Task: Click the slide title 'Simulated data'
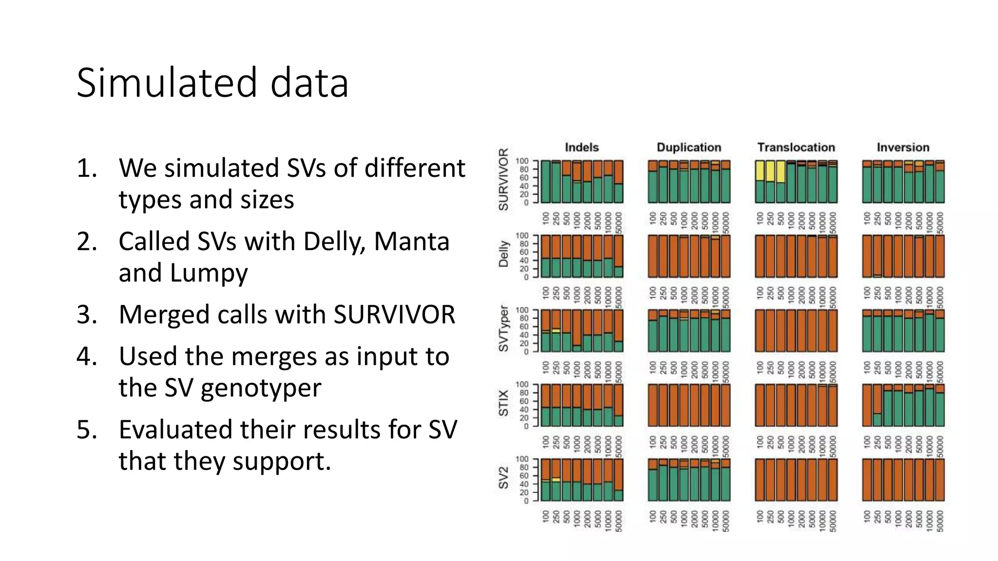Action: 212,83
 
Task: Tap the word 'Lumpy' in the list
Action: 209,273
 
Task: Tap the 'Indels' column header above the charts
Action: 581,147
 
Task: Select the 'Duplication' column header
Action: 689,147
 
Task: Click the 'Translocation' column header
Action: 796,147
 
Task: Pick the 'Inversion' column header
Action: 903,147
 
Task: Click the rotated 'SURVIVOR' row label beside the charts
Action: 503,180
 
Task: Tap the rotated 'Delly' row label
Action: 503,254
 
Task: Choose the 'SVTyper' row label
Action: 503,329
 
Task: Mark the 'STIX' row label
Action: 503,403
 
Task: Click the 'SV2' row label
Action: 503,478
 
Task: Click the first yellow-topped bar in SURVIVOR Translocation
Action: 760,181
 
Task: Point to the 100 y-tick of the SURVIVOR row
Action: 522,161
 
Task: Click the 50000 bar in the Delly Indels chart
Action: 618,256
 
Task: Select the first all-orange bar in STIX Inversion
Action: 867,405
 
